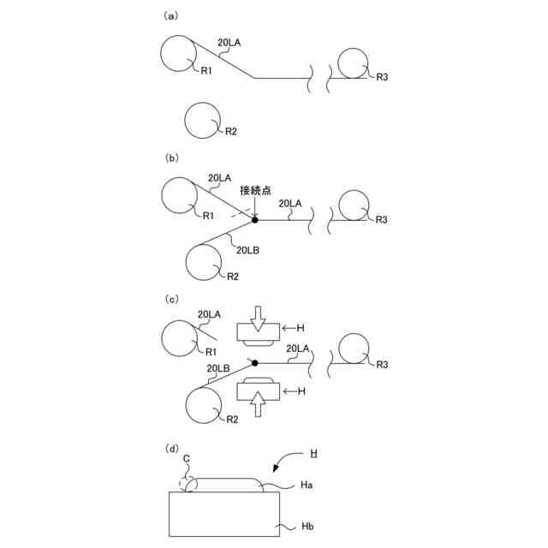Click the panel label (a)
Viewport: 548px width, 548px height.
(170, 15)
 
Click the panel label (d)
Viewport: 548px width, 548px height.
(170, 448)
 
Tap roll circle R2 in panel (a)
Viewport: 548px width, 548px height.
(202, 119)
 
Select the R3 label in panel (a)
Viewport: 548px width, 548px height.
(383, 77)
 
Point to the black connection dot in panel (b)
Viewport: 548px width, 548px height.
(255, 220)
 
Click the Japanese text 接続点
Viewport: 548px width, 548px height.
(256, 191)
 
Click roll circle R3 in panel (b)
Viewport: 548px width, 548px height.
(354, 207)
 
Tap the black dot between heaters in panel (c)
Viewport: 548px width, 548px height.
(255, 363)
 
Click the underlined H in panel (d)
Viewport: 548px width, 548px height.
(314, 450)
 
